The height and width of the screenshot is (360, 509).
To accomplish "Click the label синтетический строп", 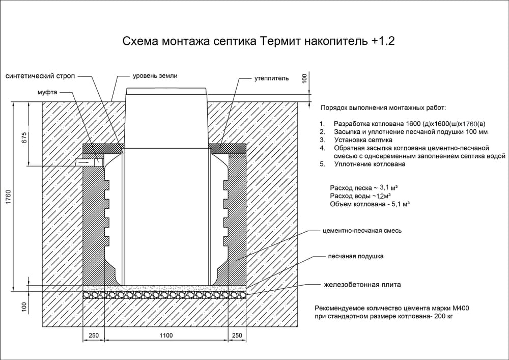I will pyautogui.click(x=40, y=76).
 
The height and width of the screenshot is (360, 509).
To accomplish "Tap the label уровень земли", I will pyautogui.click(x=155, y=76).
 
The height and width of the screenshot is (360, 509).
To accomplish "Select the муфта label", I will pyautogui.click(x=47, y=93).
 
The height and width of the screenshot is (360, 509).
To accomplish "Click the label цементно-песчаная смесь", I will pyautogui.click(x=362, y=231).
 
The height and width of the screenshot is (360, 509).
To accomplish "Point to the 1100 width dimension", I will pyautogui.click(x=166, y=336).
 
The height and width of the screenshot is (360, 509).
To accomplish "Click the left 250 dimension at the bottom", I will pyautogui.click(x=94, y=336).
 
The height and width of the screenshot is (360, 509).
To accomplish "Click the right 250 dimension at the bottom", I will pyautogui.click(x=237, y=336).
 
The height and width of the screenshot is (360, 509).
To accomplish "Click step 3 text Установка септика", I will pyautogui.click(x=363, y=140).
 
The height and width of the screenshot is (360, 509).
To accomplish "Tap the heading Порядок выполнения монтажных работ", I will pyautogui.click(x=383, y=108).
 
